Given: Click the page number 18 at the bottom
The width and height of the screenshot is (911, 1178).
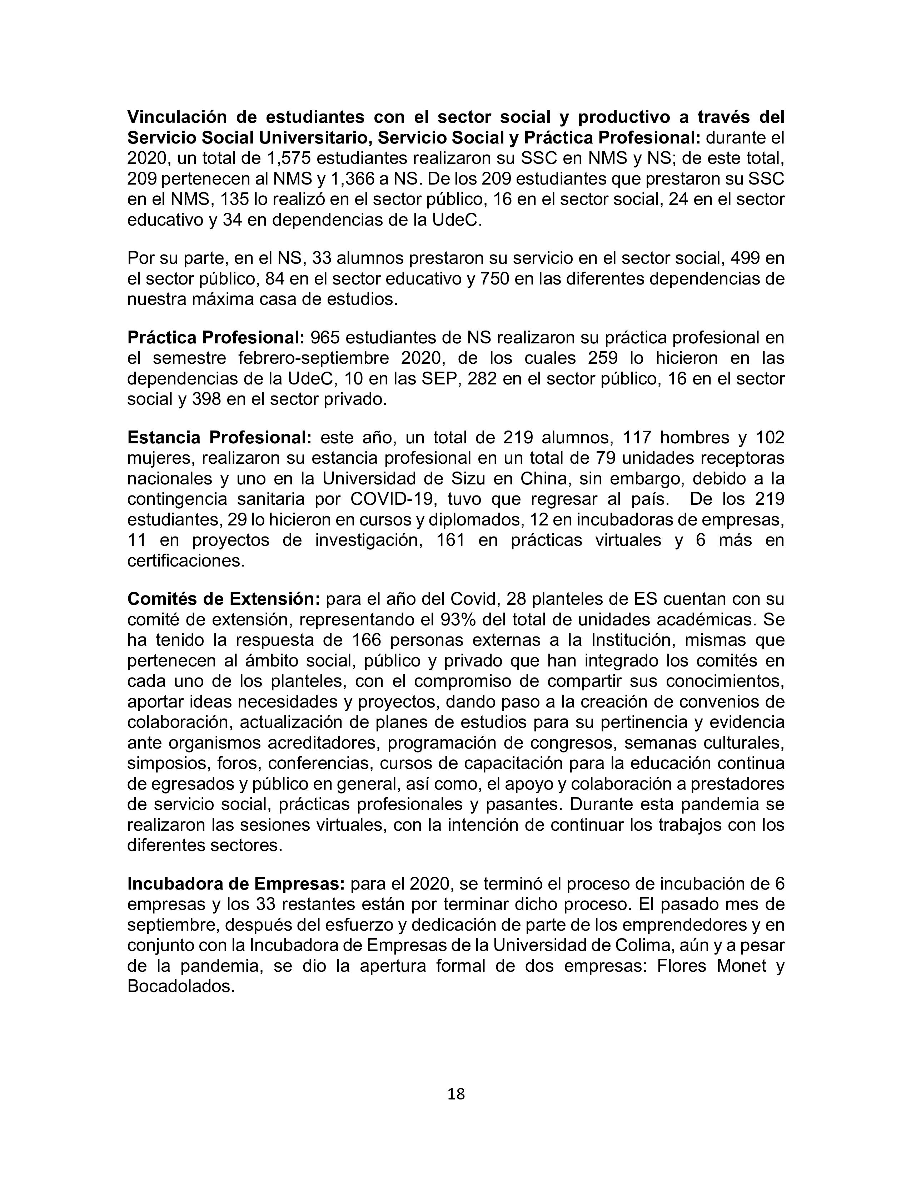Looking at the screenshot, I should (x=455, y=1094).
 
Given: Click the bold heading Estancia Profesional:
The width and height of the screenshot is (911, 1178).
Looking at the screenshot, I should (x=220, y=437).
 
